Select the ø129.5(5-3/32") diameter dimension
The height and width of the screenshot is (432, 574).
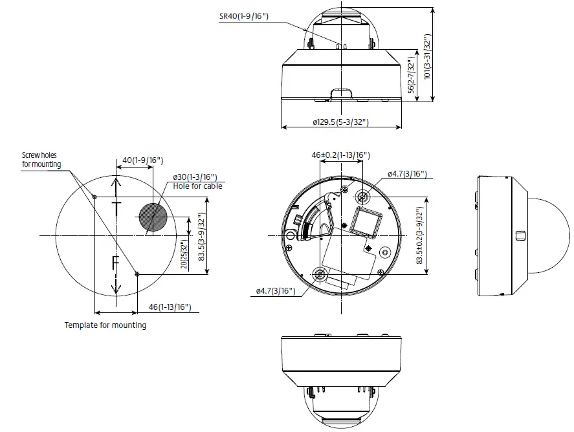(x=340, y=122)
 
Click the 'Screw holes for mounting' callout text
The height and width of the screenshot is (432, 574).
(x=41, y=160)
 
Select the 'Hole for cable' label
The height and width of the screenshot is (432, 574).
(x=197, y=186)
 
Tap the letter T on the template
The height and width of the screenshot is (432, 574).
(x=116, y=208)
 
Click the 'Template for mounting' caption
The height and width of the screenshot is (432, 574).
(x=105, y=325)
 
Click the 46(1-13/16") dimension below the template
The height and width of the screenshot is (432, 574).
(x=169, y=307)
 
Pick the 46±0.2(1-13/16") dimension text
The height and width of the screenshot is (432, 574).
(x=340, y=155)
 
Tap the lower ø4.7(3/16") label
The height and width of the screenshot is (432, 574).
(x=276, y=292)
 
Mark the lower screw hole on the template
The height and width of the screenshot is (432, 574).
(x=137, y=274)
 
